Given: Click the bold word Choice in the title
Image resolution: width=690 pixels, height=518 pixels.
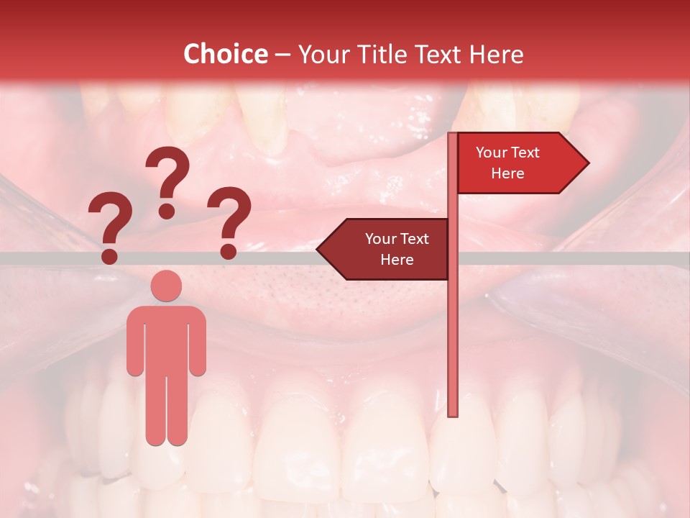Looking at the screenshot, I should point(225,55).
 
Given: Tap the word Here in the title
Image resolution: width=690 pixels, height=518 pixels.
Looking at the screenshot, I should point(496,55).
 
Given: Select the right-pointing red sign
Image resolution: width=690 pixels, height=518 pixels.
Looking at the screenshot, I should point(517,163).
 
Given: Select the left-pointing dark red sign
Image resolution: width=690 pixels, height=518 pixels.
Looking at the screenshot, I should point(388,249).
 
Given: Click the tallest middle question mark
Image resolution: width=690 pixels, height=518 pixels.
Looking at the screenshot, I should point(167,180).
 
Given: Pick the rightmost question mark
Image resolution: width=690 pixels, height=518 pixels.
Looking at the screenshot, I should point(229,222).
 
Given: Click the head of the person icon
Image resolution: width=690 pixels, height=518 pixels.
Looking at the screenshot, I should point(166,286).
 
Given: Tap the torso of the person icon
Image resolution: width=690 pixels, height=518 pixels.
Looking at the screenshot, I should point(166,338).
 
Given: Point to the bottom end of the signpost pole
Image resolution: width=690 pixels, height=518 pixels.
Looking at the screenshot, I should point(453,414).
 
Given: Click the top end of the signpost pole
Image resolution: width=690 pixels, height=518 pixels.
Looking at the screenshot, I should point(453,135).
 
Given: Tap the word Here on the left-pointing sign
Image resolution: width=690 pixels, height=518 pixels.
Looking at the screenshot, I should point(397,260).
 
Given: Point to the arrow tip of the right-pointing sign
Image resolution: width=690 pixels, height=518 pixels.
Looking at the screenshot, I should point(587,163).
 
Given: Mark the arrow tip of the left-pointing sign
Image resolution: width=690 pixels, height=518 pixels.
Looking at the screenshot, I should point(318,250).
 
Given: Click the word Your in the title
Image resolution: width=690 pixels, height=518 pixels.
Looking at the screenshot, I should point(323,55).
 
